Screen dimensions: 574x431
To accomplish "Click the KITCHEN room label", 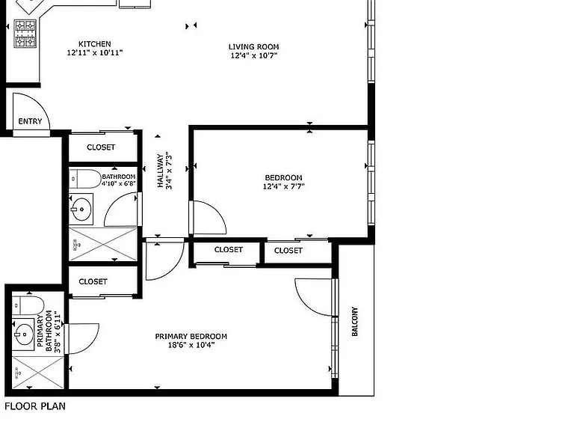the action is [x=94, y=44].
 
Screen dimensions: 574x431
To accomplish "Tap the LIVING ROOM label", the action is [x=253, y=47].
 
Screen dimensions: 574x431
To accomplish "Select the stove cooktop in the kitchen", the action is [x=25, y=34].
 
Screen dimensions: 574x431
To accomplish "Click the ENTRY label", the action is [x=30, y=121].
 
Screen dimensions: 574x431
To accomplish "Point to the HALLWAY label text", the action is [x=161, y=171].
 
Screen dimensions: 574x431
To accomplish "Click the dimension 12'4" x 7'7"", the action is [x=284, y=186].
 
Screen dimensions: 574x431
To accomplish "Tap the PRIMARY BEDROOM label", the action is [x=191, y=337].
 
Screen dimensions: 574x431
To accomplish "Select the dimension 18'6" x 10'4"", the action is [x=191, y=345].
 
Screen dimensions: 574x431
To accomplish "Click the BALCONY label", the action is [x=354, y=322].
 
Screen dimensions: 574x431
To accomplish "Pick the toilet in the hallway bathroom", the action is [x=85, y=179].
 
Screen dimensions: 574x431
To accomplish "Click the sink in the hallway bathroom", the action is [x=81, y=210].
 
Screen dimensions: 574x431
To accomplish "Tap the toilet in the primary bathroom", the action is [x=28, y=305].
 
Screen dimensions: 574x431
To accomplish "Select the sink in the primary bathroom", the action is [x=23, y=334].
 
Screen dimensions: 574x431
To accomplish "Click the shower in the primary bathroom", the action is [x=38, y=373].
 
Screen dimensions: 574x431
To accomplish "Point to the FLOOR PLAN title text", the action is [x=35, y=406].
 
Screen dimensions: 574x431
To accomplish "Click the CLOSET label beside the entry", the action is [x=101, y=147].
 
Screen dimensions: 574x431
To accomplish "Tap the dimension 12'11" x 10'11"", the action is [x=94, y=52].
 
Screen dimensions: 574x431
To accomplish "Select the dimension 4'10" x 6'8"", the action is [x=119, y=183].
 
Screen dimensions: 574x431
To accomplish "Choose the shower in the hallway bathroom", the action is [x=103, y=244].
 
